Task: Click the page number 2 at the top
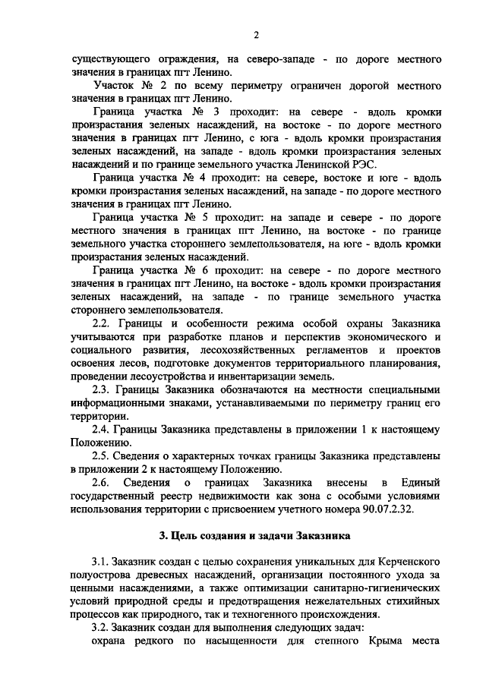[x=256, y=34]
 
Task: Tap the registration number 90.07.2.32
[x=383, y=509]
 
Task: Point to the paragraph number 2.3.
[x=101, y=389]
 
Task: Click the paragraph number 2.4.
[x=101, y=429]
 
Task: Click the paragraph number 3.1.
[x=101, y=562]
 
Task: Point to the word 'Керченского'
[x=406, y=562]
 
